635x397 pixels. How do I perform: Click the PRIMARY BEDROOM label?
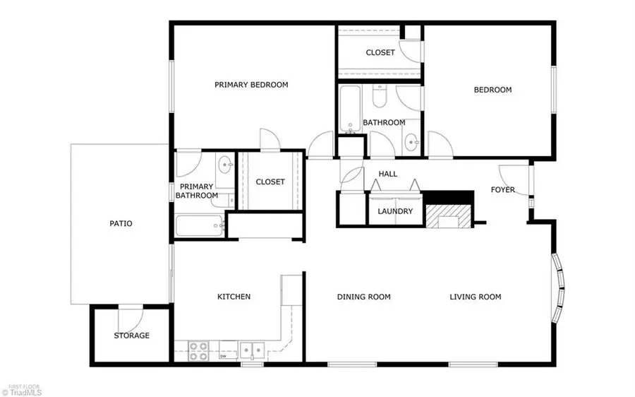pyautogui.click(x=251, y=85)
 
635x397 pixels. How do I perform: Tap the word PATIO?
pyautogui.click(x=121, y=223)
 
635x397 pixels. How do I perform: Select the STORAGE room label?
pyautogui.click(x=132, y=336)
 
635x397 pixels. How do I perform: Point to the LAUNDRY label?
pyautogui.click(x=395, y=211)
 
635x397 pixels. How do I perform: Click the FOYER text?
pyautogui.click(x=503, y=190)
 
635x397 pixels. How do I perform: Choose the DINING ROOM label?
pyautogui.click(x=364, y=297)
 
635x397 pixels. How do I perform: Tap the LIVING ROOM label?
pyautogui.click(x=476, y=297)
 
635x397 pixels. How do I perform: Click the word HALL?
pyautogui.click(x=388, y=174)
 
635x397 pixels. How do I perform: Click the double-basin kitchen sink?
pyautogui.click(x=250, y=348)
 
